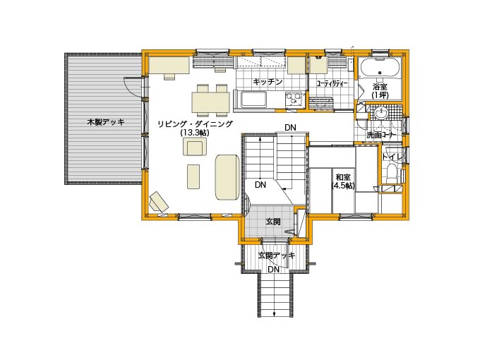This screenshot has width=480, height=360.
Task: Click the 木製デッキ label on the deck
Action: [106, 122]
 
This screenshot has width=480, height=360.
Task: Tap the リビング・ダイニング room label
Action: [196, 124]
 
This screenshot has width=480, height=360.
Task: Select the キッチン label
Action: [268, 82]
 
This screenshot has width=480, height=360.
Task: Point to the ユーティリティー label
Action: [332, 83]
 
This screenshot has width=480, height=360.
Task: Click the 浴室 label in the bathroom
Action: [380, 87]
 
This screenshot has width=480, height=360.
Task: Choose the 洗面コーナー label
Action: [381, 135]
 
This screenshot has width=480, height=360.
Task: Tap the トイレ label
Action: [392, 157]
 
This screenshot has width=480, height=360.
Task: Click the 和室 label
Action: [343, 177]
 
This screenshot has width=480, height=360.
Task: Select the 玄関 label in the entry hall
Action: [272, 222]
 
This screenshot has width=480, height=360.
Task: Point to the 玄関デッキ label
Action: [277, 256]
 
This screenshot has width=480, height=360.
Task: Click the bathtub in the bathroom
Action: [380, 68]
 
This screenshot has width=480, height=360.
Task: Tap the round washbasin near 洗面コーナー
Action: [380, 113]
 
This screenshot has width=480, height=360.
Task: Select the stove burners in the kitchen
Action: [293, 99]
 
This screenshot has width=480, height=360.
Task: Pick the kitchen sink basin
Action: [254, 100]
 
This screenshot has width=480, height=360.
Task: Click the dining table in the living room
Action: [211, 102]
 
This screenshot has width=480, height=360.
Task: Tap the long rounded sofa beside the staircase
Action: [227, 177]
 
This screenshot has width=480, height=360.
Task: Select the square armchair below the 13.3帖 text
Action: [195, 147]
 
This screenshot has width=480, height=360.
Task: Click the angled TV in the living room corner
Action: [159, 202]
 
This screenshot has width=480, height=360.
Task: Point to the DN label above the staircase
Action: [290, 127]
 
